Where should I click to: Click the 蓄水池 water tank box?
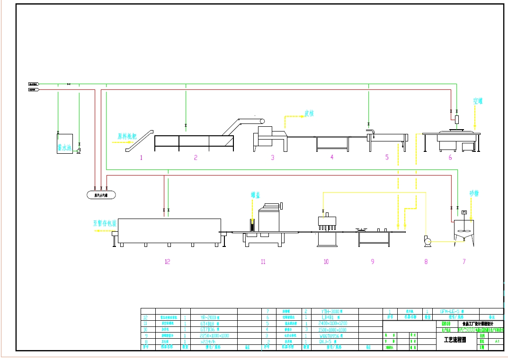pos(63,143)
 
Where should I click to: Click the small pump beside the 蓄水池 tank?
pos(79,150)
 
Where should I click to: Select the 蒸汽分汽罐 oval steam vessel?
pos(101,194)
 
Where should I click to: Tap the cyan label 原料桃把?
pos(127,137)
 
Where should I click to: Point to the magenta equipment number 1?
pos(141,158)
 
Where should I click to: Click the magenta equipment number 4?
pos(332,157)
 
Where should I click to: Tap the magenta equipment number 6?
pos(450,158)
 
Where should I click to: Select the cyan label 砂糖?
pos(474,193)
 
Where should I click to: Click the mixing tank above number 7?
pos(464,229)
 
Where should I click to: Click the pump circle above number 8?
pos(428,242)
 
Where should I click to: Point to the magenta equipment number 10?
pos(326,262)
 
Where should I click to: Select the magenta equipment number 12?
pos(167,262)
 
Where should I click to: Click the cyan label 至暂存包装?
pos(105,223)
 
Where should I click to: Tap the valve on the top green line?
pos(69,84)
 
